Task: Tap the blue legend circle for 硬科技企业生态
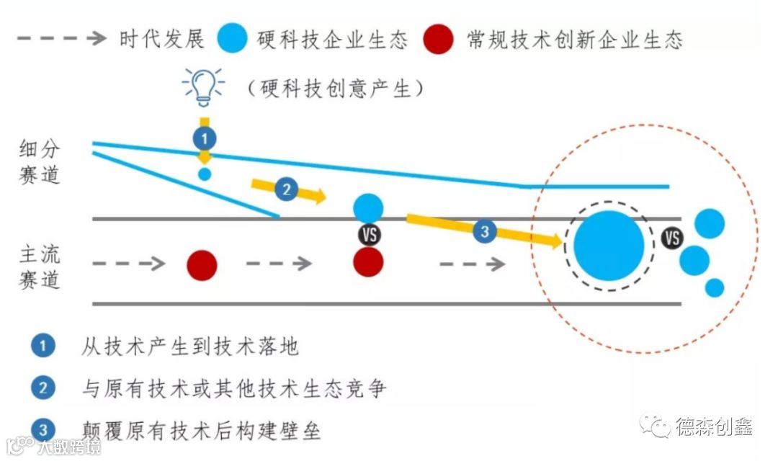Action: [x=234, y=39]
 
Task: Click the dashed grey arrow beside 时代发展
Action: [x=61, y=39]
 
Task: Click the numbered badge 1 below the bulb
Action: [x=204, y=137]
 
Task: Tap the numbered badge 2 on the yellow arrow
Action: [x=286, y=189]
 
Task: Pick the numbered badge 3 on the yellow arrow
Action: [x=485, y=231]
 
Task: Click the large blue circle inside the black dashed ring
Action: [x=609, y=246]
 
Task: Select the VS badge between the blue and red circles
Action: [x=369, y=234]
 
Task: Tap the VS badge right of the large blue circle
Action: [x=672, y=238]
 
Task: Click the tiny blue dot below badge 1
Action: [x=205, y=174]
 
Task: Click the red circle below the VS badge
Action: [x=369, y=262]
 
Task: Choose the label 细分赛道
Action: [x=40, y=161]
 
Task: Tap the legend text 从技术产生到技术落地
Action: [x=190, y=346]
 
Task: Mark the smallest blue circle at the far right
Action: [x=714, y=287]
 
